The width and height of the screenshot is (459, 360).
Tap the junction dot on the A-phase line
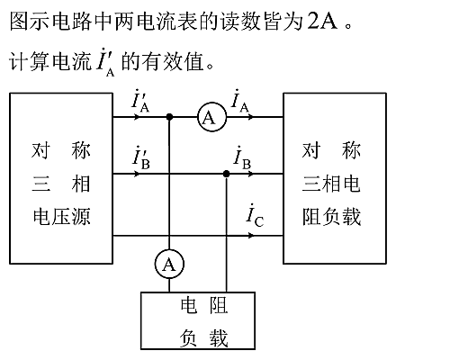pyautogui.click(x=169, y=117)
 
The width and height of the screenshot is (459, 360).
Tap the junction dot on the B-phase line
pyautogui.click(x=227, y=174)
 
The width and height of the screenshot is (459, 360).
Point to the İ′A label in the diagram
pyautogui.click(x=140, y=101)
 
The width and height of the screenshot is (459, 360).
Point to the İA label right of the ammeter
pyautogui.click(x=240, y=101)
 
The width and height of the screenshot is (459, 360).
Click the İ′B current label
pyautogui.click(x=141, y=157)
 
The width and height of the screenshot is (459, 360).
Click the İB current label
pyautogui.click(x=242, y=157)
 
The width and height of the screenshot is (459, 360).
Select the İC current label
pyautogui.click(x=255, y=215)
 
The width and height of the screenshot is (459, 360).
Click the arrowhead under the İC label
pyautogui.click(x=250, y=236)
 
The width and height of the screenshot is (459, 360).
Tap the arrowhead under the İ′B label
pyautogui.click(x=137, y=174)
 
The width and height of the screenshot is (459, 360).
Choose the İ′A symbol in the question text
pyautogui.click(x=105, y=62)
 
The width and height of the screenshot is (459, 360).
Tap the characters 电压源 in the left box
pyautogui.click(x=61, y=216)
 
